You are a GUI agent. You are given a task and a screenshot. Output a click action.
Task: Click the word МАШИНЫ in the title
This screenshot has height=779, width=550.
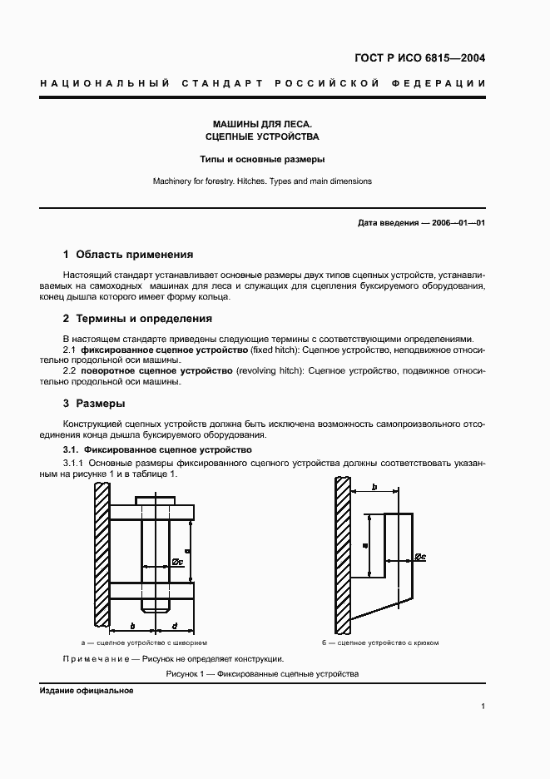pos(229,122)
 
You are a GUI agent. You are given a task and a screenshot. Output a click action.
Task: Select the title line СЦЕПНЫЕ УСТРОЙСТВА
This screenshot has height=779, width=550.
pos(262,136)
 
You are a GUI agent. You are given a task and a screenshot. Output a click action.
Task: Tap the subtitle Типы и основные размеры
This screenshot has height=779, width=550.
pos(262,158)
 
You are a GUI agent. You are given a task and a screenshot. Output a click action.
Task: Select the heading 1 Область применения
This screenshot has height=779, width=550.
pos(128,255)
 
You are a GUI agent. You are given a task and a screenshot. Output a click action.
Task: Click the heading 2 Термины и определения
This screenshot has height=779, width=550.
pos(137,318)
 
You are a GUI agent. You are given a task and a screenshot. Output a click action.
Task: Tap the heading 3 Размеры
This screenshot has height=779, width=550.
pos(94,403)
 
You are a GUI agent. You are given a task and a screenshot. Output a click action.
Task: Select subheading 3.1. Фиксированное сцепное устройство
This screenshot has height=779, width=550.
pos(157,449)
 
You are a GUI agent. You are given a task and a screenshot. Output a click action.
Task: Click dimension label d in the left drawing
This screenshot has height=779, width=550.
pos(173,625)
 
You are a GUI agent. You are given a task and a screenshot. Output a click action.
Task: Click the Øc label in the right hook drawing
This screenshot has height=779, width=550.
pos(419,556)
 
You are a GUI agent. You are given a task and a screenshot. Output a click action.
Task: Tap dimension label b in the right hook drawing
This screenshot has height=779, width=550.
pos(375,486)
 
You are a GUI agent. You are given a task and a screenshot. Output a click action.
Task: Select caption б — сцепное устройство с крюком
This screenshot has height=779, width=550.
pos(380,643)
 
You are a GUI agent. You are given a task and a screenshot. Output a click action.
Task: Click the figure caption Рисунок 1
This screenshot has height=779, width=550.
pos(262,674)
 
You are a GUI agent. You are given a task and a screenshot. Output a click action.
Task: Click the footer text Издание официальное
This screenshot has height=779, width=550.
pos(86,691)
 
